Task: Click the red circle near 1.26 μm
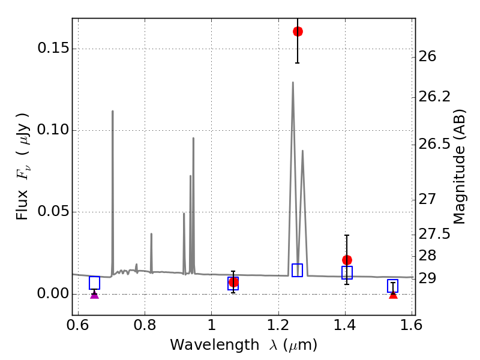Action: [298, 31]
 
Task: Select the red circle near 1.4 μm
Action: [347, 260]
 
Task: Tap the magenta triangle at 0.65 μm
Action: [95, 295]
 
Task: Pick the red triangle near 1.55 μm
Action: [393, 295]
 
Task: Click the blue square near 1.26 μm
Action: [297, 271]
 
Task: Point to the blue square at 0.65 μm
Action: [95, 283]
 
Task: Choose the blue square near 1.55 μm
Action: [392, 286]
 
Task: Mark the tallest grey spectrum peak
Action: [293, 82]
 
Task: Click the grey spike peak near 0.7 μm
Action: [113, 111]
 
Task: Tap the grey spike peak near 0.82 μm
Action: [151, 234]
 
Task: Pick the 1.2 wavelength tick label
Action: [278, 325]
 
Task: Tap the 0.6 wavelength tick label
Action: [78, 325]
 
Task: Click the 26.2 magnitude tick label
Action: [434, 97]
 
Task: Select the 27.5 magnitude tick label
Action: [434, 234]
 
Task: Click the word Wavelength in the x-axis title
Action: [215, 345]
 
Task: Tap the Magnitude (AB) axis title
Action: [459, 167]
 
